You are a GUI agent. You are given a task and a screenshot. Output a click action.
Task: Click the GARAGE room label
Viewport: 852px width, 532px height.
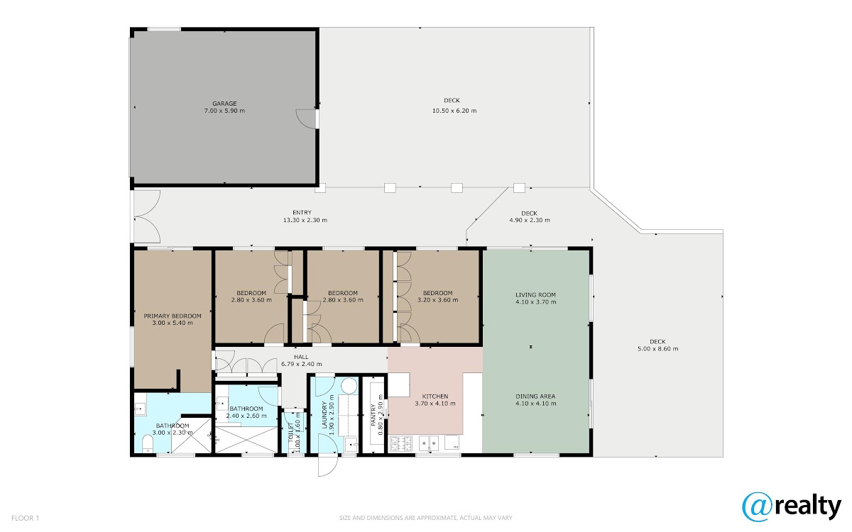224,104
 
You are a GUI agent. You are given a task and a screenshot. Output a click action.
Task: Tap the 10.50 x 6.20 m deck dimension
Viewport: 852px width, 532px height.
454,111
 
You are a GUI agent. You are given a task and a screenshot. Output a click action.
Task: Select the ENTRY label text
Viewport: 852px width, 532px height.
302,212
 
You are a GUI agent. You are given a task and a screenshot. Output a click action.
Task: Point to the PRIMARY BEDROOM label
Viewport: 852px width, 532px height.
173,316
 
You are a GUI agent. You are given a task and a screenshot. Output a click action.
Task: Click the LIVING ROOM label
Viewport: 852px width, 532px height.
535,295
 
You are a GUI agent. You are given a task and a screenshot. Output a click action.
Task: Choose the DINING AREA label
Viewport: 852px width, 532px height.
535,397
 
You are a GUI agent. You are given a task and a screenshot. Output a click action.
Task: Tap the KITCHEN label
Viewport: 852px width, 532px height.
435,397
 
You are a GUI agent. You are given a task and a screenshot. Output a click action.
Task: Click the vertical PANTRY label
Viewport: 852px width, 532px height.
373,415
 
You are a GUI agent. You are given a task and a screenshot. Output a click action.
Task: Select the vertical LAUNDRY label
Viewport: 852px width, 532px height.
324,415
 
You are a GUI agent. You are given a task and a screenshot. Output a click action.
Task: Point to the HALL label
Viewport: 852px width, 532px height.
301,357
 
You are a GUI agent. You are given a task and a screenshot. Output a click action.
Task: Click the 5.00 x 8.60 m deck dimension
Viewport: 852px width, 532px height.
657,349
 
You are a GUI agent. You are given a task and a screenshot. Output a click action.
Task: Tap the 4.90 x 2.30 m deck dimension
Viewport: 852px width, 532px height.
530,220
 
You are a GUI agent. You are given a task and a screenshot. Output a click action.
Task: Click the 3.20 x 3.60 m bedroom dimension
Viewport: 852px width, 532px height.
437,300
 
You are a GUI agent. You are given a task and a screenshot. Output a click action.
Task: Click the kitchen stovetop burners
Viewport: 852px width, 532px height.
401,444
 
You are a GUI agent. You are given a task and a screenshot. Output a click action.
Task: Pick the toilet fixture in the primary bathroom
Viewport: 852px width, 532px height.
147,444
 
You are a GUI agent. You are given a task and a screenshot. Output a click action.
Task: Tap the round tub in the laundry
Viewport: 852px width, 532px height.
349,386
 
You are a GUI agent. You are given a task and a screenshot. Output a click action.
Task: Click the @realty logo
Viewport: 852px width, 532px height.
791,507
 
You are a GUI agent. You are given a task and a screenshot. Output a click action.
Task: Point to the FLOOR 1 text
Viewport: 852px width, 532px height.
25,518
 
